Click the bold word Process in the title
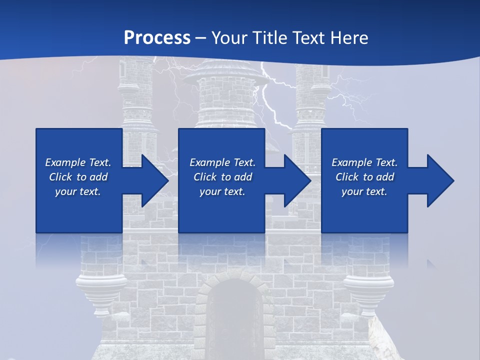[157, 37]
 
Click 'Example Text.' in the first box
[78, 162]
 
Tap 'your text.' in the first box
[78, 191]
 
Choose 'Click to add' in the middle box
[222, 177]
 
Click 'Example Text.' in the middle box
[222, 162]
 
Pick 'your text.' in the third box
[364, 191]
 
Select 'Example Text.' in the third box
[364, 162]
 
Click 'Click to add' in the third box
[364, 177]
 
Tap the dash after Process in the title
[201, 38]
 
